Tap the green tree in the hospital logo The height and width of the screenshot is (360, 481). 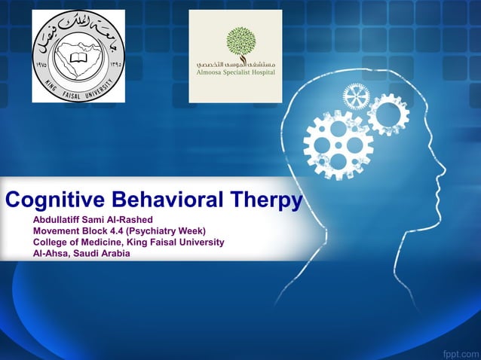(240, 42)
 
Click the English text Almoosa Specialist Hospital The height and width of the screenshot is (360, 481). (236, 73)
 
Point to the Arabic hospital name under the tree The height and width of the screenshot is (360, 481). (235, 64)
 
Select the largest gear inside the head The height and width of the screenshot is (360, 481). (338, 143)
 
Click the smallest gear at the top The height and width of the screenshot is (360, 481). (356, 96)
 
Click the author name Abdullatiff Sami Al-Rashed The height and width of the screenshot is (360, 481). (93, 219)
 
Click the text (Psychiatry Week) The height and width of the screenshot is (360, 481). (168, 230)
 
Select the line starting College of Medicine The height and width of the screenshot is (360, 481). (128, 242)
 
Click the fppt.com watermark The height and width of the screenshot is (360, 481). (459, 351)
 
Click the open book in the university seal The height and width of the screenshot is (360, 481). (76, 56)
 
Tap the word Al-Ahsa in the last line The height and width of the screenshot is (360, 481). (51, 253)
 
